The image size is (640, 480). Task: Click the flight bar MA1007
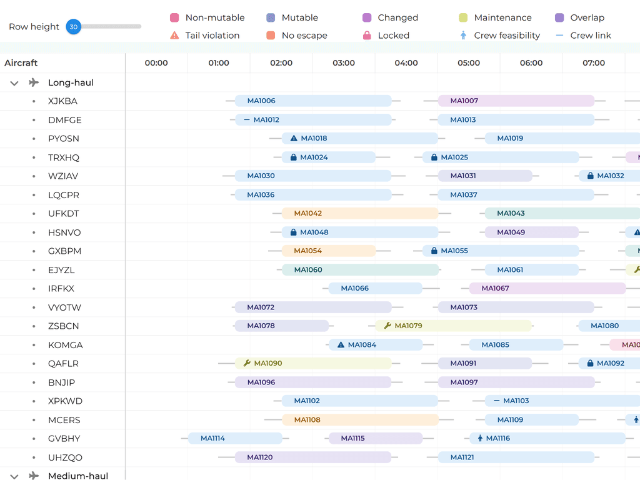click(516, 101)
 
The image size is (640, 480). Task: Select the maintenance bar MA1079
click(453, 326)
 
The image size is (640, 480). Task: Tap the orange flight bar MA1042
click(359, 213)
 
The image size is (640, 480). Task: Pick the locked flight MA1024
click(328, 157)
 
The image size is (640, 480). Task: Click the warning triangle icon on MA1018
click(294, 138)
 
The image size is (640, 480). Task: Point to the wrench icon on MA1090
click(247, 363)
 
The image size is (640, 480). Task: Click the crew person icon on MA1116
click(481, 438)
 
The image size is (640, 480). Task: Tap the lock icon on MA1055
click(434, 251)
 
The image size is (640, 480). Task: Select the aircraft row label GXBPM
click(64, 251)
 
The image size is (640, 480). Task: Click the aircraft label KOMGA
click(65, 345)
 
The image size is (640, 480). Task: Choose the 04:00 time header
click(406, 62)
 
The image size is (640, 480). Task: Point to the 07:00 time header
click(594, 62)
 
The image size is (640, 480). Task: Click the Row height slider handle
click(74, 27)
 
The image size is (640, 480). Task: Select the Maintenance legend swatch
click(463, 18)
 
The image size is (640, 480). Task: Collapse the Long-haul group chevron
click(14, 82)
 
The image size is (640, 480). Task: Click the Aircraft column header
click(21, 62)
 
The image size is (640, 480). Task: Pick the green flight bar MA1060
click(359, 269)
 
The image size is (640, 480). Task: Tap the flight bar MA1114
click(235, 438)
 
